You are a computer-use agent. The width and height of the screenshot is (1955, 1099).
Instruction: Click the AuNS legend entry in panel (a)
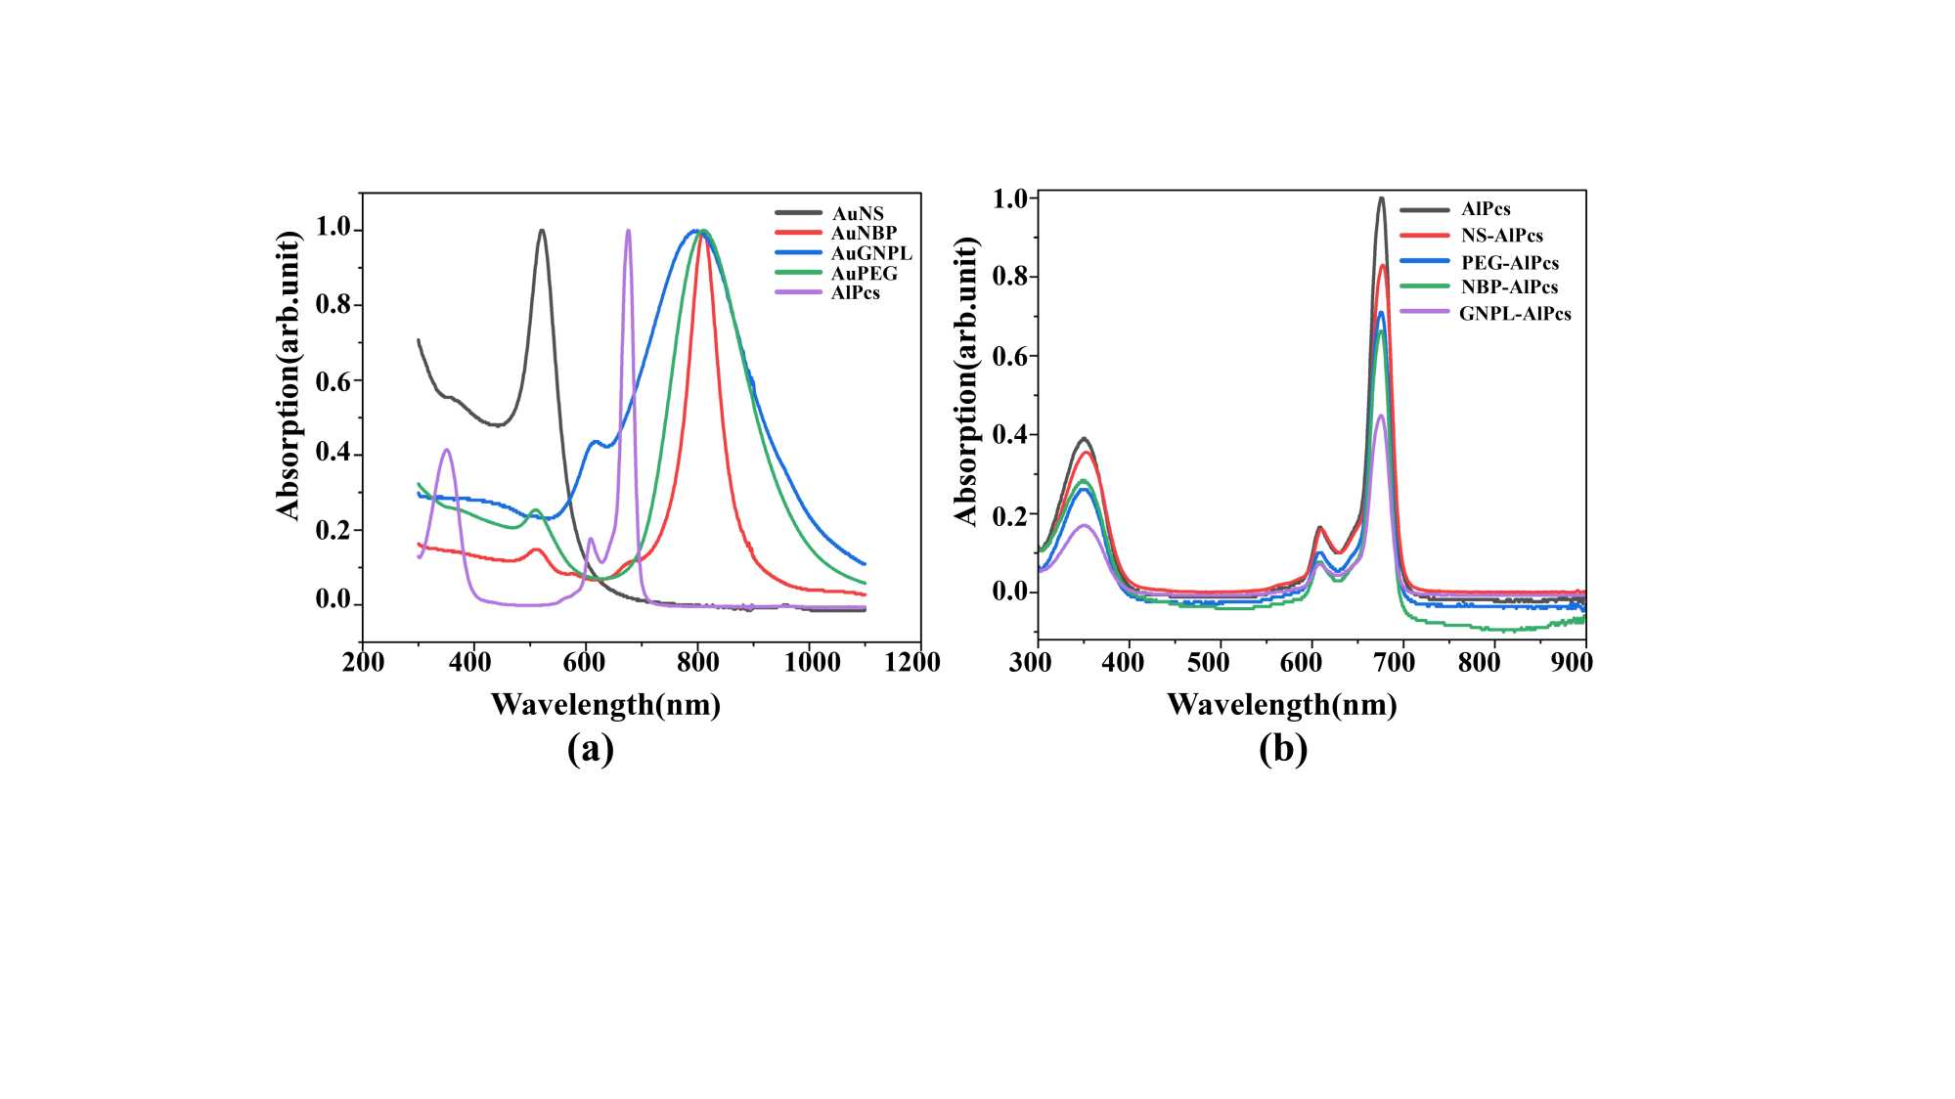point(858,213)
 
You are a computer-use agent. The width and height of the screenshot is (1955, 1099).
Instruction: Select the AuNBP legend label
point(864,233)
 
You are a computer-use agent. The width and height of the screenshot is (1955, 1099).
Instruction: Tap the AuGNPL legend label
point(870,253)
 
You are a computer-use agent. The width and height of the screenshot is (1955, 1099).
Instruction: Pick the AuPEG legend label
point(864,274)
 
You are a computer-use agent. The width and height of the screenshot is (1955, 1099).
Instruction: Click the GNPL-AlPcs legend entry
point(1514,314)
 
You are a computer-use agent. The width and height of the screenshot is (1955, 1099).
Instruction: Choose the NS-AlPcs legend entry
point(1501,236)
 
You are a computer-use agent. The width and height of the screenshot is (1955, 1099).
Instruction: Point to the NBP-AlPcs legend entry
point(1509,287)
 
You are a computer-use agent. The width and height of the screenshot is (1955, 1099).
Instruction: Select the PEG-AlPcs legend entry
point(1509,263)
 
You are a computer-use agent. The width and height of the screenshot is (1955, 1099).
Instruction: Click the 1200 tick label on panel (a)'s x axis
point(911,663)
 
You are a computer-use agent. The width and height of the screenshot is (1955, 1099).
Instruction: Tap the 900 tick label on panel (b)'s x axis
point(1571,663)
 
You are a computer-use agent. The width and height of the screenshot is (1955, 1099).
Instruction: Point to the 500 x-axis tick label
point(1208,663)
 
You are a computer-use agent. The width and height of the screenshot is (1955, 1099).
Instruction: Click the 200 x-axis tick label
point(363,663)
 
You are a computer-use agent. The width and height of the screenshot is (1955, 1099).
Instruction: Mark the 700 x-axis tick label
point(1394,663)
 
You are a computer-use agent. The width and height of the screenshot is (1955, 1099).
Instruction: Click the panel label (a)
point(591,749)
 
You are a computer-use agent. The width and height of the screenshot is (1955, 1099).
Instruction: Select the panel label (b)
point(1283,749)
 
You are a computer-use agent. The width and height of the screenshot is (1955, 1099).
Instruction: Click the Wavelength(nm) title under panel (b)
point(1281,704)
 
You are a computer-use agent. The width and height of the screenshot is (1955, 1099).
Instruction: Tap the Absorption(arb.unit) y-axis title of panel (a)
point(288,376)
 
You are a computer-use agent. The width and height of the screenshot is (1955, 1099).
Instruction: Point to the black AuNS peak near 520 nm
point(542,231)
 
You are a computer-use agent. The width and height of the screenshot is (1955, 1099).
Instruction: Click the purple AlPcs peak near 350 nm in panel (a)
point(447,450)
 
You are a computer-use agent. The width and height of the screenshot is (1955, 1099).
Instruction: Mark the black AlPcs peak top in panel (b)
point(1381,198)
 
